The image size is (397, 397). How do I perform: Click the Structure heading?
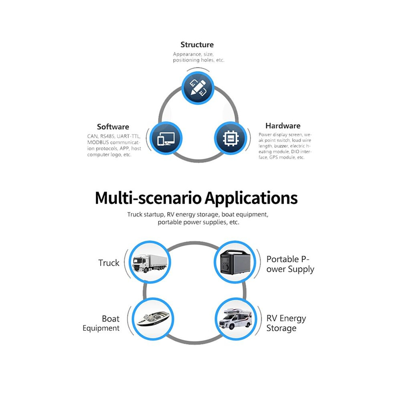click(197, 45)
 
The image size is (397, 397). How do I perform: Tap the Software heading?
click(113, 127)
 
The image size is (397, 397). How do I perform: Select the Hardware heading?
click(283, 126)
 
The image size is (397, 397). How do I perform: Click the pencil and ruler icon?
click(198, 88)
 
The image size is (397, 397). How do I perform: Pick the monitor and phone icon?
click(166, 139)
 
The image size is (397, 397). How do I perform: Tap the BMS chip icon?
click(231, 138)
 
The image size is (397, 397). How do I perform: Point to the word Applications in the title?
click(251, 198)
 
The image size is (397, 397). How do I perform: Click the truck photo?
click(150, 262)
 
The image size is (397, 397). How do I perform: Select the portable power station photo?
click(235, 262)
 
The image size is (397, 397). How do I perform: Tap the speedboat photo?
click(153, 319)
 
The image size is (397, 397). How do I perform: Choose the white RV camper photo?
click(235, 319)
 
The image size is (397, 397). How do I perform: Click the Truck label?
click(109, 263)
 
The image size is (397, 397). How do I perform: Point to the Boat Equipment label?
click(101, 323)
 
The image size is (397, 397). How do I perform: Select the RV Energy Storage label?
click(286, 323)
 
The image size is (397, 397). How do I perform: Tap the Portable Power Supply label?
click(290, 264)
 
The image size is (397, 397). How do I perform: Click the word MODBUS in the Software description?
click(98, 142)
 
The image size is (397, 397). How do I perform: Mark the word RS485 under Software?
click(107, 136)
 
